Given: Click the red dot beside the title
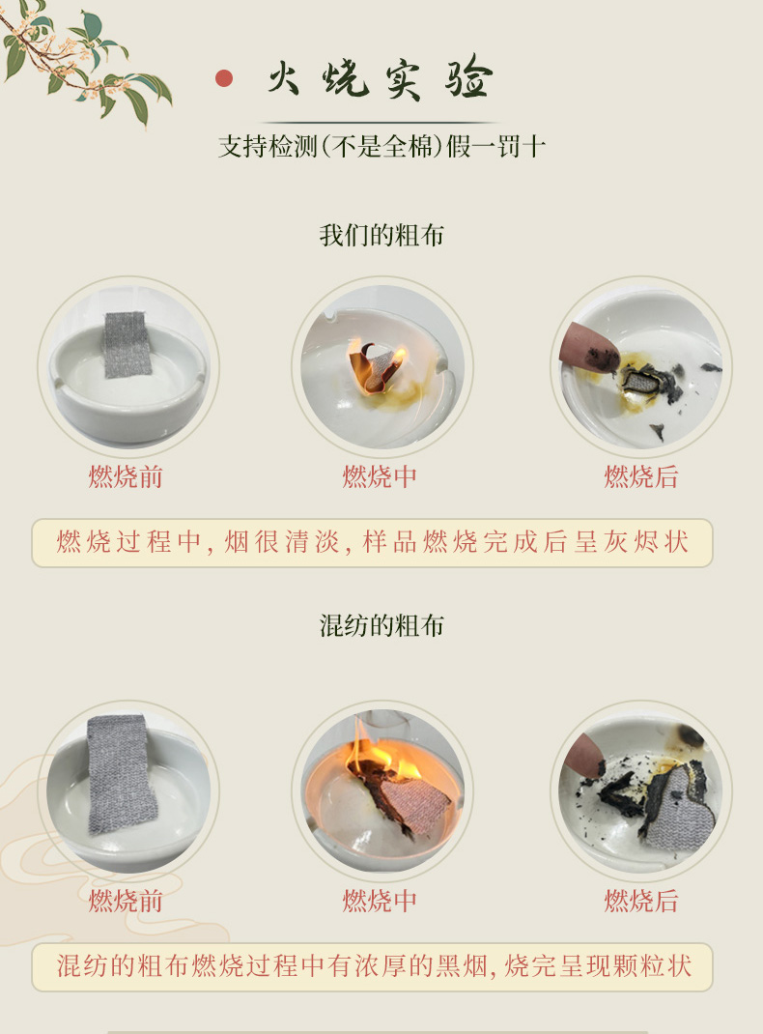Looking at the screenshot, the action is point(224,78).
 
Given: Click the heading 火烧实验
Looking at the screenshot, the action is point(381,79).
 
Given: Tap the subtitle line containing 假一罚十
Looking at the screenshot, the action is point(381,146).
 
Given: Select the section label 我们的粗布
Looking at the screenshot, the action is point(381,236).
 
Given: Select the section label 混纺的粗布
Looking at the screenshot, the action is point(381,625).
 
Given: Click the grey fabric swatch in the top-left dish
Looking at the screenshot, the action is point(127,344).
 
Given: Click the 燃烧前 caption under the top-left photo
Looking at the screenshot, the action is point(126,476).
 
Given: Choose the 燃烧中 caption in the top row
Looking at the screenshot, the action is point(379,476).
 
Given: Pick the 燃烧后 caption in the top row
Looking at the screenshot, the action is point(641,476).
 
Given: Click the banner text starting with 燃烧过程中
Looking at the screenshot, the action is point(372,542).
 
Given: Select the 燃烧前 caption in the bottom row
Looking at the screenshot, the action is point(126,901).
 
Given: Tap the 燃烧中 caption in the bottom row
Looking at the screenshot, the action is point(379,901).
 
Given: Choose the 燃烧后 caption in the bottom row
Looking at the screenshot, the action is point(641,901).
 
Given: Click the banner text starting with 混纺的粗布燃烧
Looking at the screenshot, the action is point(374,966).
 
